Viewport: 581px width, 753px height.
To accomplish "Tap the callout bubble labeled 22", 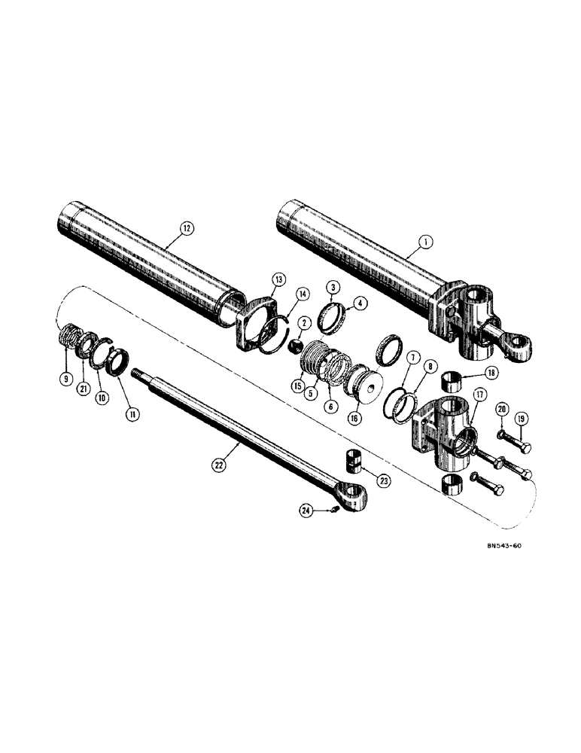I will (217, 466).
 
